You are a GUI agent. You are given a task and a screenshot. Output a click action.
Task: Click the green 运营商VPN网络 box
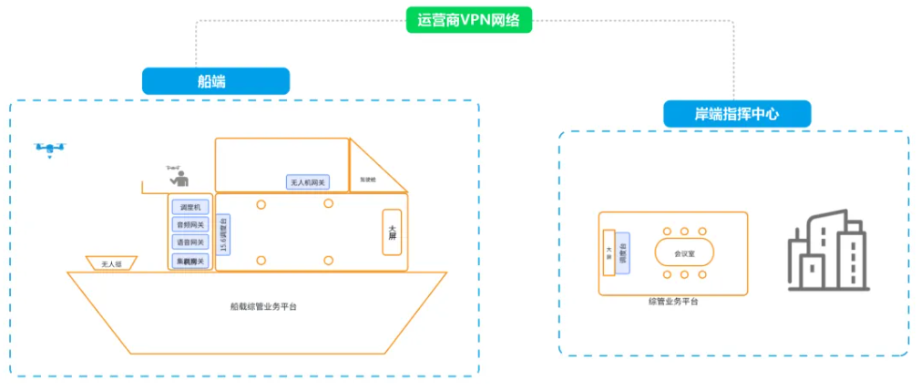[x=468, y=20]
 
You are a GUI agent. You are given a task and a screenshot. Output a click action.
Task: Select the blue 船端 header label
[x=215, y=81]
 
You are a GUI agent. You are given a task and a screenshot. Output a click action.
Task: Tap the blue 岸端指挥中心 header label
[x=736, y=114]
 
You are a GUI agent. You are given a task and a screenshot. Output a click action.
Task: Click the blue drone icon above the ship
[x=50, y=149]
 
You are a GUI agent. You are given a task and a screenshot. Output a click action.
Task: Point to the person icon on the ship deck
[x=179, y=177]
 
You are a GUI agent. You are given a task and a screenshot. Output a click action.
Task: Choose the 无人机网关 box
[x=307, y=182]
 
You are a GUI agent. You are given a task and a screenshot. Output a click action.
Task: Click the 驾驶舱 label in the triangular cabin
[x=367, y=179]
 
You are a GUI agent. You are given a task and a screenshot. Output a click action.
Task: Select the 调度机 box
[x=190, y=207]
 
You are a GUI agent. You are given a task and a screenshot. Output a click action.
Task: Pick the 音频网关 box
[x=190, y=224]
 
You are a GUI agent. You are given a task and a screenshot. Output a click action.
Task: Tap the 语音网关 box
[x=190, y=242]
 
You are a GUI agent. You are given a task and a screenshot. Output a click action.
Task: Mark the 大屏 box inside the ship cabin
[x=392, y=232]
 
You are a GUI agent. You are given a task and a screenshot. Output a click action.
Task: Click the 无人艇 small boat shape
[x=110, y=264]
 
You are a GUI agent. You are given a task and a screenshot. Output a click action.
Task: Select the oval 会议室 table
[x=683, y=252]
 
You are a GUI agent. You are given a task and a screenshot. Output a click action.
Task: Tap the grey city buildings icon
[x=826, y=249]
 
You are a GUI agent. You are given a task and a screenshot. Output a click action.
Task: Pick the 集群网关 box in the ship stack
[x=190, y=261]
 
